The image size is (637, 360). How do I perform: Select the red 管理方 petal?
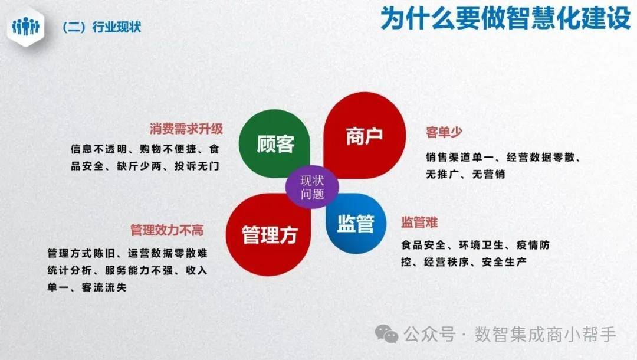(x=269, y=234)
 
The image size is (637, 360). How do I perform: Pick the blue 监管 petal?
(x=356, y=224)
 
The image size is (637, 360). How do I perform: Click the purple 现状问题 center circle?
(x=312, y=187)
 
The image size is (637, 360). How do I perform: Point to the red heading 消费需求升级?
(x=186, y=129)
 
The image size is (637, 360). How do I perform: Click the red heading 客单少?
(x=444, y=132)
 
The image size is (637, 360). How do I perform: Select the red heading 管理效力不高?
(x=167, y=230)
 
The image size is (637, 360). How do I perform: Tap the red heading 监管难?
(x=419, y=222)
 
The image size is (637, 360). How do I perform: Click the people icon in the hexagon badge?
(x=25, y=27)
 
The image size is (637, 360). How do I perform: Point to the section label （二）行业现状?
(x=101, y=27)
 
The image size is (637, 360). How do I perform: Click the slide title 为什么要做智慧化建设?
(x=505, y=18)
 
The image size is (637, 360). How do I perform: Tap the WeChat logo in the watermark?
(x=386, y=334)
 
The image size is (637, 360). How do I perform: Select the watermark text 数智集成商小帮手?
(x=545, y=335)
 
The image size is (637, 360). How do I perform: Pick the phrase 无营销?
(x=488, y=174)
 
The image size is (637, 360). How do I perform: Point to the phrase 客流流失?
(x=104, y=287)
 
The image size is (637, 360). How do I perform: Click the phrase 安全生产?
(x=504, y=262)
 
